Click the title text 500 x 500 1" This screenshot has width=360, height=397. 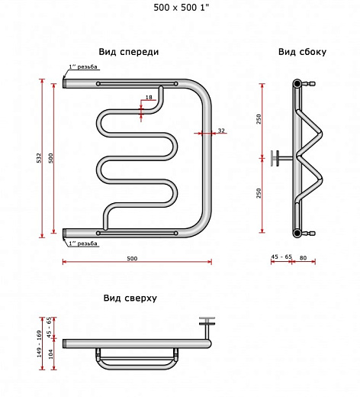pyautogui.click(x=182, y=8)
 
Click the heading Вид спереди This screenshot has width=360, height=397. pyautogui.click(x=129, y=52)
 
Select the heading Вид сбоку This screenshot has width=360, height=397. pyautogui.click(x=302, y=52)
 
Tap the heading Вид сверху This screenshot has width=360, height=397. pyautogui.click(x=130, y=298)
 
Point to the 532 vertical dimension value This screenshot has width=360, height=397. pyautogui.click(x=39, y=158)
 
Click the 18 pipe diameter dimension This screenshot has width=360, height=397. pyautogui.click(x=149, y=97)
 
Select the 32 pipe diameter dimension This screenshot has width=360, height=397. pyautogui.click(x=221, y=131)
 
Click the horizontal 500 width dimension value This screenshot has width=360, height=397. pyautogui.click(x=132, y=258)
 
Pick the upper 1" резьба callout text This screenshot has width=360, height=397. pyautogui.click(x=83, y=66)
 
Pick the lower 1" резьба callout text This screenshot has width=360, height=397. pyautogui.click(x=83, y=244)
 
